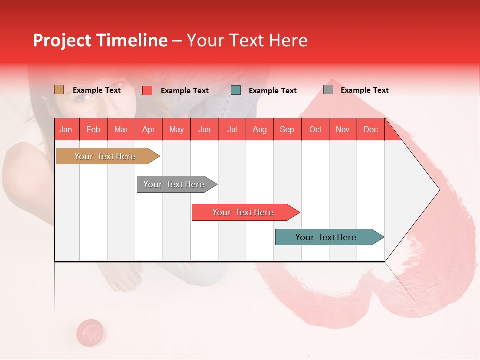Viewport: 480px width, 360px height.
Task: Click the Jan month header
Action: click(x=66, y=129)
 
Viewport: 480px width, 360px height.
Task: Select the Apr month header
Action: click(x=148, y=129)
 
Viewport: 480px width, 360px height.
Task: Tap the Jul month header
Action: click(x=232, y=129)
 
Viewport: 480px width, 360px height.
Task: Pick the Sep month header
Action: click(x=287, y=129)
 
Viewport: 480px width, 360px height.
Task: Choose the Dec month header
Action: click(x=370, y=129)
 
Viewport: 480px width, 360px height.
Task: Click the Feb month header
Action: click(x=93, y=129)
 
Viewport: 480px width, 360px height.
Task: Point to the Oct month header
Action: click(x=315, y=129)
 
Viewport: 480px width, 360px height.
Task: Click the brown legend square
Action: click(x=59, y=90)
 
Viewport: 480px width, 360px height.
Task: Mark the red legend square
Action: click(x=147, y=90)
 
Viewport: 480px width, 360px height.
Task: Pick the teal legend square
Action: click(x=236, y=90)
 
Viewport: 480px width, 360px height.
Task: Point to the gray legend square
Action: click(x=328, y=90)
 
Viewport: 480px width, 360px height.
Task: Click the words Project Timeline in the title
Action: click(x=100, y=40)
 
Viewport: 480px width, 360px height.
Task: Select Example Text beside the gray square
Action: click(x=364, y=90)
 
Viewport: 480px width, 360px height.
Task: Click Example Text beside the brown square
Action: click(x=96, y=90)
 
